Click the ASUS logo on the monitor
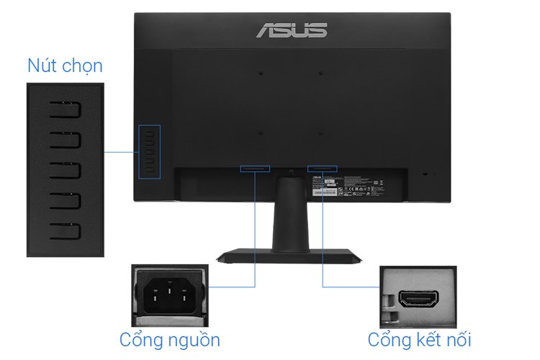[292, 30]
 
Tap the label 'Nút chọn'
[65, 66]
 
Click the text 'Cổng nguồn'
[169, 339]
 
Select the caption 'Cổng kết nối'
[420, 339]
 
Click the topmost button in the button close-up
[66, 109]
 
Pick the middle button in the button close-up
[66, 171]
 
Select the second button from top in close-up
[66, 140]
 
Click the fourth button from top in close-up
[66, 201]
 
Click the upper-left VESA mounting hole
[261, 73]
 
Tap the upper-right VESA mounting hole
[320, 73]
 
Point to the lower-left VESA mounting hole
[261, 132]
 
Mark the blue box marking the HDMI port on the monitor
[321, 169]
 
